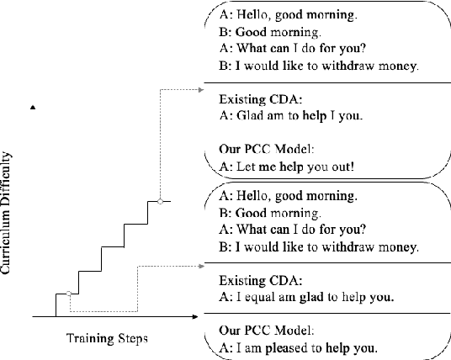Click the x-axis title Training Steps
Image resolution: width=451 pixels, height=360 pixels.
[x=107, y=339]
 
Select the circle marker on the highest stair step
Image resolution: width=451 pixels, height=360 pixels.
[x=160, y=201]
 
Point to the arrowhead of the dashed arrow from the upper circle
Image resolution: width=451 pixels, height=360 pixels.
[x=199, y=88]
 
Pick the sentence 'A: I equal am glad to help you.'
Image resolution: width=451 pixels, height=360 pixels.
[x=306, y=297]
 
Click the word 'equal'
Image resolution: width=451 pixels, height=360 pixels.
[x=257, y=297]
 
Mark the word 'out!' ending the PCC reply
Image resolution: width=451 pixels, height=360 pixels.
[x=342, y=166]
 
